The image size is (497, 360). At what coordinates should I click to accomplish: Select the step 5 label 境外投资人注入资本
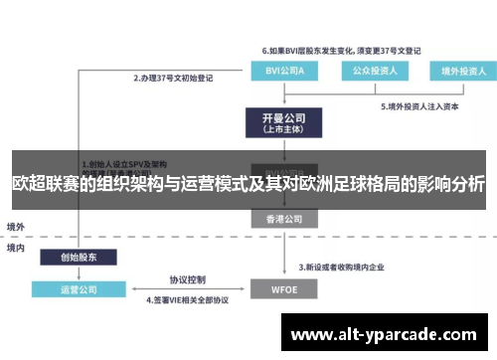click(x=417, y=105)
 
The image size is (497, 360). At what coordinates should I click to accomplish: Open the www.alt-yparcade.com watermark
click(x=388, y=334)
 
